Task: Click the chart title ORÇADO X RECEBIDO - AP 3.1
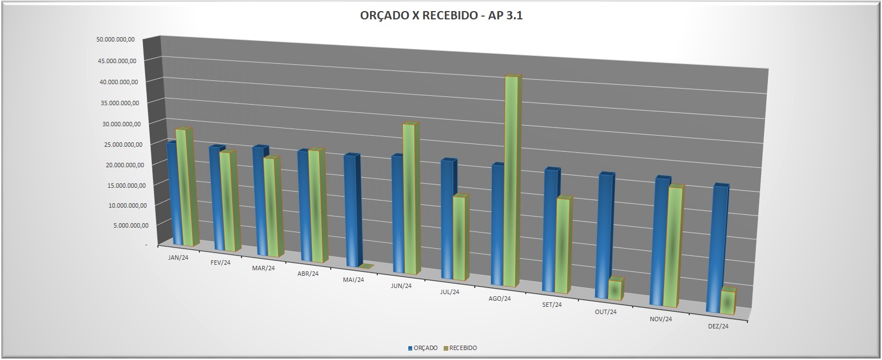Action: (x=441, y=16)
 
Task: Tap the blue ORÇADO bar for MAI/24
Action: (x=351, y=210)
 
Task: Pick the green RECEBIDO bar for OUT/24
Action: (x=614, y=290)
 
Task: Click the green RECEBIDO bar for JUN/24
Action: (x=409, y=199)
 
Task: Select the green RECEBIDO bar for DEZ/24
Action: (x=727, y=302)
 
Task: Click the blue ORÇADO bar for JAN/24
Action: (x=171, y=194)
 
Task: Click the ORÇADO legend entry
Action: (x=423, y=348)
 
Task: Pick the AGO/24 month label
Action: (x=500, y=299)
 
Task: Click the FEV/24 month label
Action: (x=221, y=263)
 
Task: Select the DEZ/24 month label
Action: (x=718, y=326)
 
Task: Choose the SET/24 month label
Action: (x=552, y=305)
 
